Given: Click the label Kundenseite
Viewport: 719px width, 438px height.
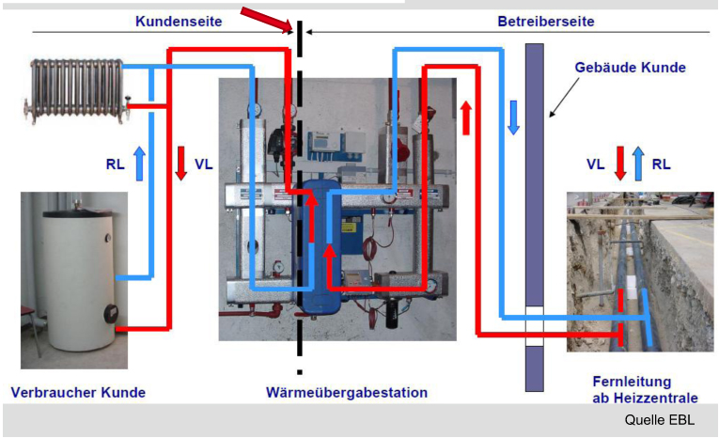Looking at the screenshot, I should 179,21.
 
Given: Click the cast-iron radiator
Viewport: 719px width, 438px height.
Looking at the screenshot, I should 74,88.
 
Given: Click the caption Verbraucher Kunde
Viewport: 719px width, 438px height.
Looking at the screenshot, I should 78,391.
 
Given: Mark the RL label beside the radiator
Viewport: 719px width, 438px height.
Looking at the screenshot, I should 115,163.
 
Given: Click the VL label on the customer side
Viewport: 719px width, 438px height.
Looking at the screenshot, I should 203,163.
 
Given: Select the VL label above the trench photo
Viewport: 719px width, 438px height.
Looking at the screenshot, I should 595,163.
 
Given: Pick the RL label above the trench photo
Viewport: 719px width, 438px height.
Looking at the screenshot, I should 662,163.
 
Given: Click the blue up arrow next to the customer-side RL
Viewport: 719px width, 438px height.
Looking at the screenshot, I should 139,162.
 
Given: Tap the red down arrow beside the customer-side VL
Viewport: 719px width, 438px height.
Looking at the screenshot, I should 181,163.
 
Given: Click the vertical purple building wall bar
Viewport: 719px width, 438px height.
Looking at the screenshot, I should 534,216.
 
